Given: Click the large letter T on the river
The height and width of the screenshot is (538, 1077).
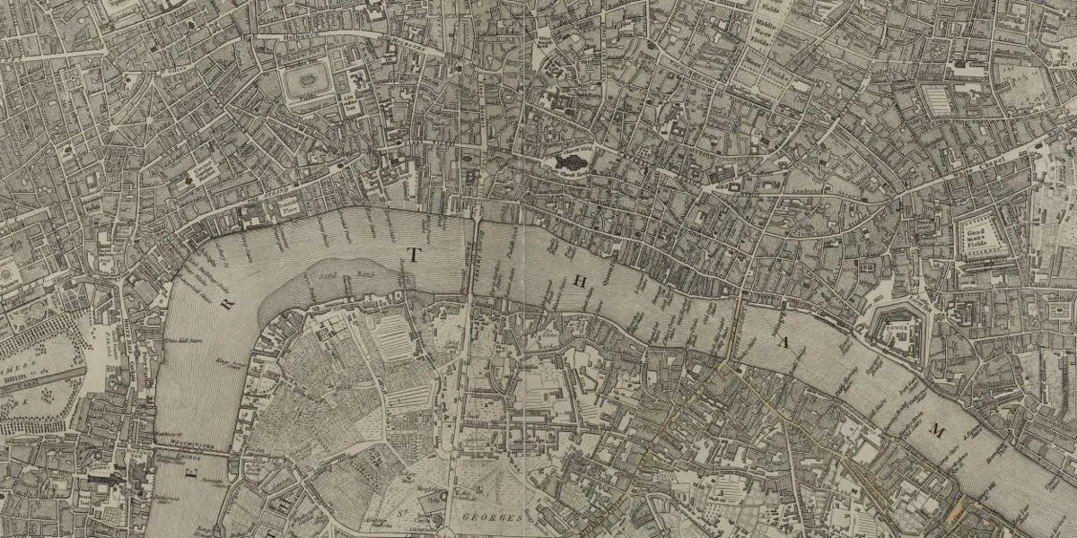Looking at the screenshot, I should click(413, 255).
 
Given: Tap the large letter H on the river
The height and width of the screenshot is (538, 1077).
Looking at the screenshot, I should click(579, 282).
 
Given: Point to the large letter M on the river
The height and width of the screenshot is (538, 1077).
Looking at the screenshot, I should click(938, 432).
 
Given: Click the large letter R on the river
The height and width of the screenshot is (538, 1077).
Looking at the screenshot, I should click(227, 305).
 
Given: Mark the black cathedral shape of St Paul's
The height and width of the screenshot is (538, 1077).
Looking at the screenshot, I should click(567, 162).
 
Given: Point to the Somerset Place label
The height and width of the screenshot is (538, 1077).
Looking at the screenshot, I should click(289, 206).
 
